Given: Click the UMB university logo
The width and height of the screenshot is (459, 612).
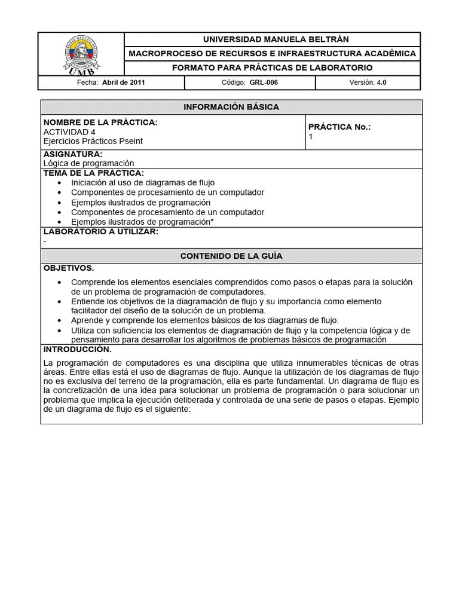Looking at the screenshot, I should (x=81, y=54).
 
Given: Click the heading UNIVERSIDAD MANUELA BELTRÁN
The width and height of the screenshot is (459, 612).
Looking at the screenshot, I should (x=272, y=39).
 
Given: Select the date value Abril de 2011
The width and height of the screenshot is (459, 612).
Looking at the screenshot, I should (x=124, y=83).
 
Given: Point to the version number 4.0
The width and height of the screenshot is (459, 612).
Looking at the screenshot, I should (x=381, y=83).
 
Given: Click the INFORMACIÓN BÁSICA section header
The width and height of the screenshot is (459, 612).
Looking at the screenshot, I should (x=231, y=107).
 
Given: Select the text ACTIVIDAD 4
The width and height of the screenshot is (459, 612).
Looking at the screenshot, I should (x=69, y=131).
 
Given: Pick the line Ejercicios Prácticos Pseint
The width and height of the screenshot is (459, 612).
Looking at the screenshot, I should (x=93, y=141).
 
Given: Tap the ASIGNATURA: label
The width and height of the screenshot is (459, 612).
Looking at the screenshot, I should (x=73, y=154).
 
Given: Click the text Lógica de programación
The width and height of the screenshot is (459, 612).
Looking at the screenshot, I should (x=88, y=163).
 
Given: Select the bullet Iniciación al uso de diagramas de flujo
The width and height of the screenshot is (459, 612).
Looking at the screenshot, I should (x=143, y=182).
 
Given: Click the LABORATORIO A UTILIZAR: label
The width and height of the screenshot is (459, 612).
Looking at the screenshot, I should (x=101, y=231).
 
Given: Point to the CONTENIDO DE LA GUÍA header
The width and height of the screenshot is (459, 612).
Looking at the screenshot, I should (x=231, y=256).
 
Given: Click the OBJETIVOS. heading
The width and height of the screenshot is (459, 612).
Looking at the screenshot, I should (x=69, y=268).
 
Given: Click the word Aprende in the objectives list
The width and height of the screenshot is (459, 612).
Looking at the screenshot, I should (x=87, y=320).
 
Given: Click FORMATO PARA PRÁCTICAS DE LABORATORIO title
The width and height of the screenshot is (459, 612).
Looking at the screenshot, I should (x=272, y=68).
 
